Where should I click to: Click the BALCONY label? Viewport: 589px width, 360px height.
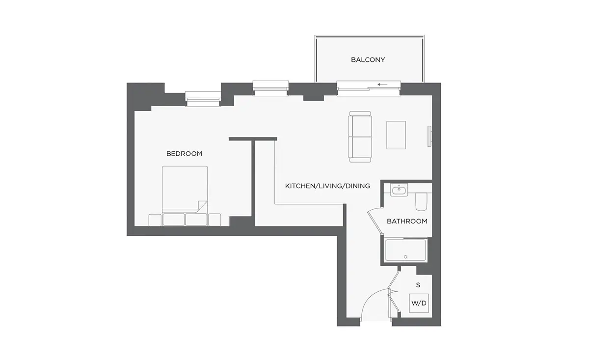click(368, 60)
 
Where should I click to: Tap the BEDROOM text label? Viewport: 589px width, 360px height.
click(185, 154)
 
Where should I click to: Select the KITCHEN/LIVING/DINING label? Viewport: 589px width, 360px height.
click(327, 186)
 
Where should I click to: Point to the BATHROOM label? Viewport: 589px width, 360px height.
click(407, 222)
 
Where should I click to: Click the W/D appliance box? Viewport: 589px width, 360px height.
click(419, 303)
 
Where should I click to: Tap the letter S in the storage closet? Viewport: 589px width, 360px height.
click(418, 285)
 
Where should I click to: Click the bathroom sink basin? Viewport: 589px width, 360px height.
click(399, 190)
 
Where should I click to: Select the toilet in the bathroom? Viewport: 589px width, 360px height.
click(421, 201)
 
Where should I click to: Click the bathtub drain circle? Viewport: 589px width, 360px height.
click(405, 257)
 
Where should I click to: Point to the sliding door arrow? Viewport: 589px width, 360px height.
click(382, 84)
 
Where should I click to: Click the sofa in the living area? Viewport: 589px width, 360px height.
click(360, 137)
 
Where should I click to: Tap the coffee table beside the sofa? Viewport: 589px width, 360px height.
click(396, 135)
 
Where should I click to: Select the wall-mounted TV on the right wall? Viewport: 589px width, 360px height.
click(429, 137)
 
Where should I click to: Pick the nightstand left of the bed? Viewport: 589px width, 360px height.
click(155, 220)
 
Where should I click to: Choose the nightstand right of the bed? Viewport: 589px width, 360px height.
click(214, 220)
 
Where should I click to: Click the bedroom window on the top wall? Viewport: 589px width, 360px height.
click(203, 99)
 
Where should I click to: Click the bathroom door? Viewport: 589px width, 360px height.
click(374, 221)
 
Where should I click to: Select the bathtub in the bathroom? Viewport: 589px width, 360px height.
click(405, 250)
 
